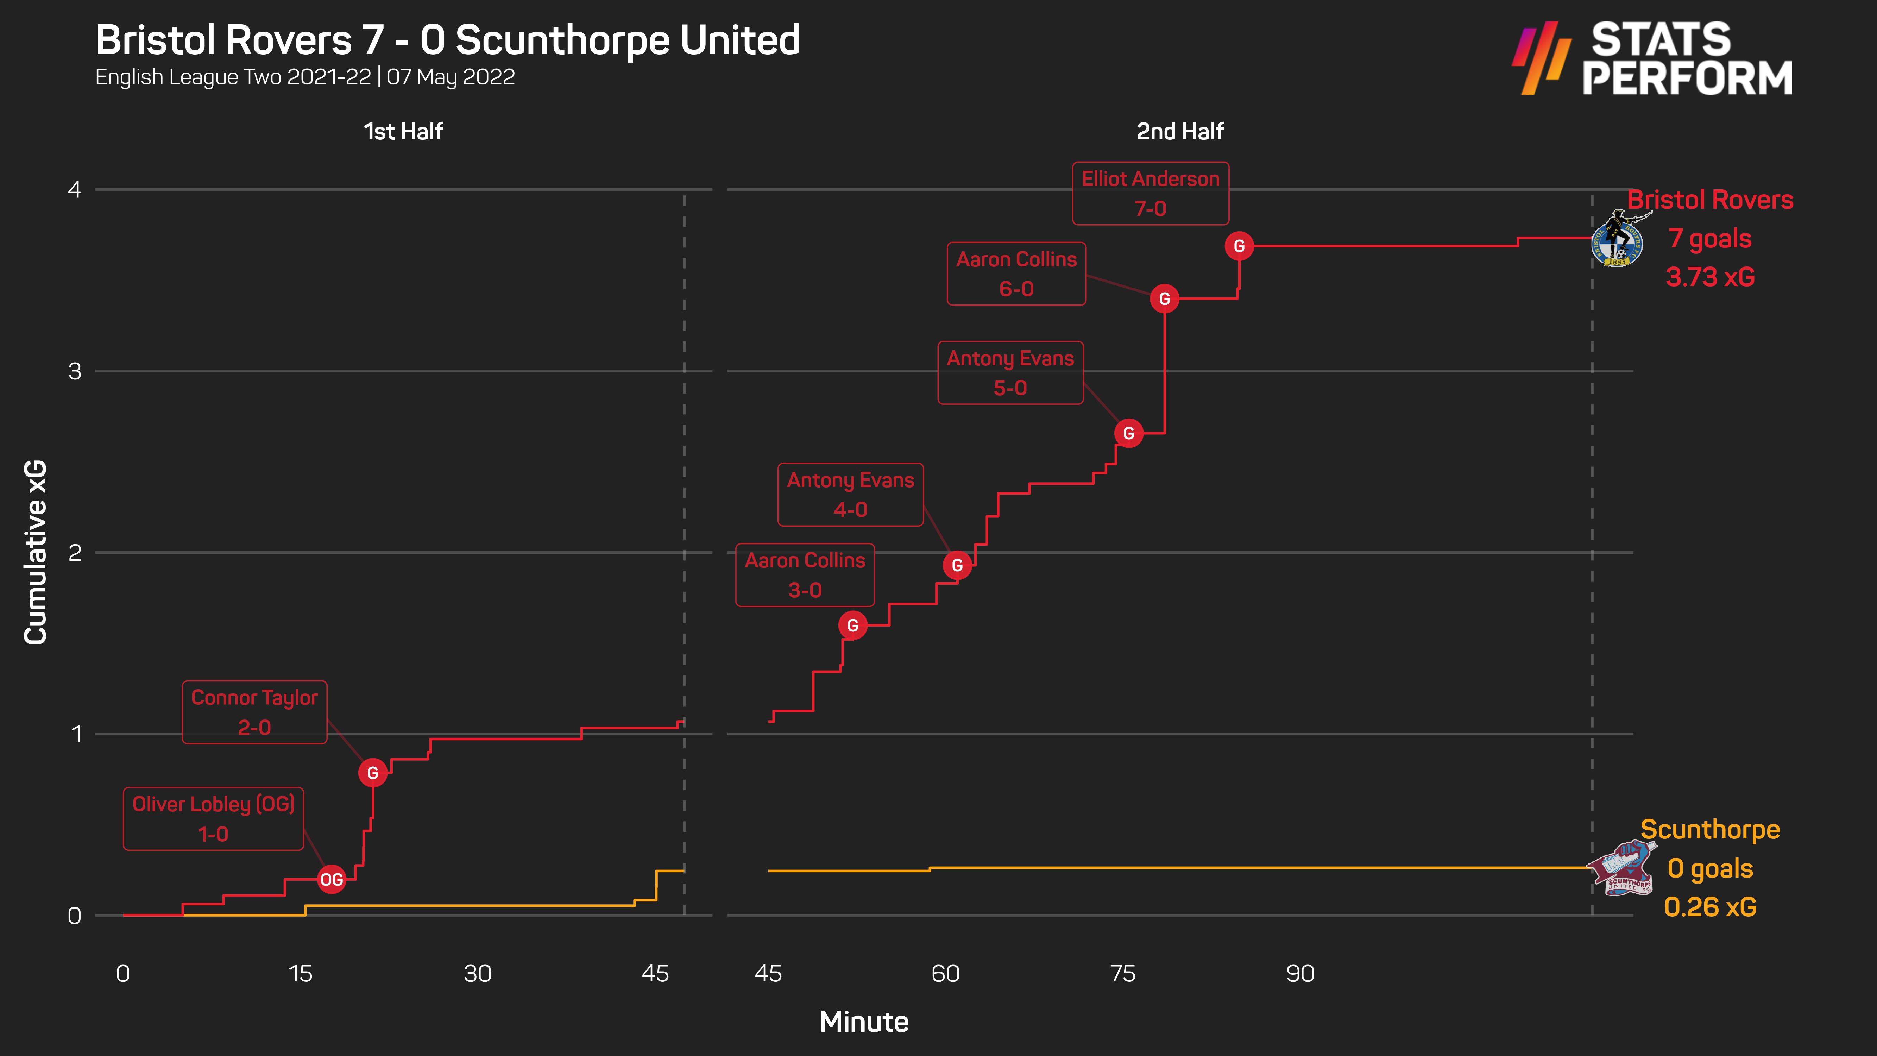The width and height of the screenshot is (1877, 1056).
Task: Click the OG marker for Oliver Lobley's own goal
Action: (332, 880)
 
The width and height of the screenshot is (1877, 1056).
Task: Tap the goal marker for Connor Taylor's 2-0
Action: (372, 773)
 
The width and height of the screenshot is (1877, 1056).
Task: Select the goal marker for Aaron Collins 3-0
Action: (852, 625)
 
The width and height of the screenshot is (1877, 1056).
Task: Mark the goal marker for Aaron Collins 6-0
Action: (1164, 299)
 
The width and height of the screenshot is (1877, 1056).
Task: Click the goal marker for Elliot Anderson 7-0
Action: (1239, 246)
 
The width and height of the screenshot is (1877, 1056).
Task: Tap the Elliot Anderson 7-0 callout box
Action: (1150, 193)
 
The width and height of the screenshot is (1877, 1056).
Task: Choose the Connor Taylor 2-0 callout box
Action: (254, 712)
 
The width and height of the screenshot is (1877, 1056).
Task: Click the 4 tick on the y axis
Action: (74, 190)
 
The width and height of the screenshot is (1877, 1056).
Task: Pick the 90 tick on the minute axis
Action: (1300, 974)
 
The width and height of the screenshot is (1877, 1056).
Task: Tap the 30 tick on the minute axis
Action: (477, 974)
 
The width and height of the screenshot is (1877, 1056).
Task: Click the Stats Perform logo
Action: (1652, 58)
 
